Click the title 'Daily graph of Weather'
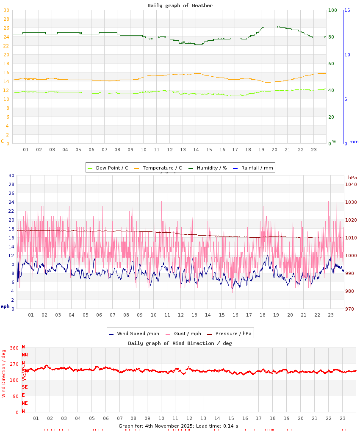[180, 6]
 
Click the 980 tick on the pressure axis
[349, 291]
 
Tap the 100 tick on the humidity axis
[332, 10]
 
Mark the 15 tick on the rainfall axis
[347, 10]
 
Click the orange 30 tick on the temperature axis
[6, 19]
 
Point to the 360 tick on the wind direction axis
[14, 348]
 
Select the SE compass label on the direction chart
[25, 387]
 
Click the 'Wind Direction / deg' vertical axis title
[4, 373]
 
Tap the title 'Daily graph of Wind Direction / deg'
[180, 343]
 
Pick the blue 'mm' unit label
[354, 142]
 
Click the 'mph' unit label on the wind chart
[5, 306]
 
